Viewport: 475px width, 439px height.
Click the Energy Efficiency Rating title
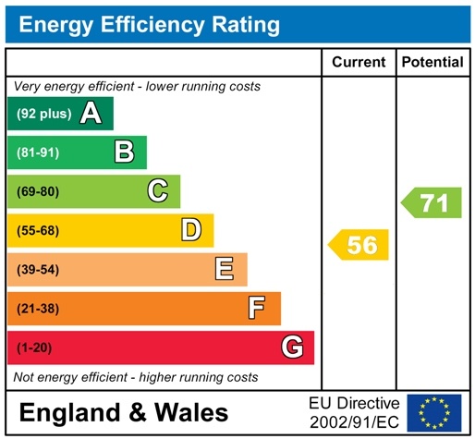tap(149, 24)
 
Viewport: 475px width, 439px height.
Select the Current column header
tap(358, 63)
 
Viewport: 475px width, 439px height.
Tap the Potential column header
tap(432, 63)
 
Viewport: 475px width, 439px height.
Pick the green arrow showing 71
tap(432, 203)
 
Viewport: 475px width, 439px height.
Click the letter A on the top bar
tap(91, 114)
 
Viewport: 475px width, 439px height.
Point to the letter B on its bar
tap(125, 152)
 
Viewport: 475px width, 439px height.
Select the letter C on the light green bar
tap(158, 191)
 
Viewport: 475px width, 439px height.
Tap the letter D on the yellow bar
tap(191, 230)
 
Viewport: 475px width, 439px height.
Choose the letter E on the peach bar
tap(225, 269)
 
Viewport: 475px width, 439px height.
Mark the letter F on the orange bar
tap(258, 308)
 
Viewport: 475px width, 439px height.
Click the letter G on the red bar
tap(292, 348)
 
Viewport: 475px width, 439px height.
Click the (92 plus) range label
tap(43, 114)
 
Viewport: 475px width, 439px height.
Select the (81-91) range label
tap(38, 152)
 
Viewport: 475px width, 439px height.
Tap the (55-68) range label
tap(38, 230)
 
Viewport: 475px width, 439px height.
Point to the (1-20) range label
tap(35, 348)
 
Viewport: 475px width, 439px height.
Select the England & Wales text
tap(123, 412)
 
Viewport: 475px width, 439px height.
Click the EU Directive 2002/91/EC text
tap(354, 412)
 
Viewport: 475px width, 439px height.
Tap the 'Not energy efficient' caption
tap(136, 377)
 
